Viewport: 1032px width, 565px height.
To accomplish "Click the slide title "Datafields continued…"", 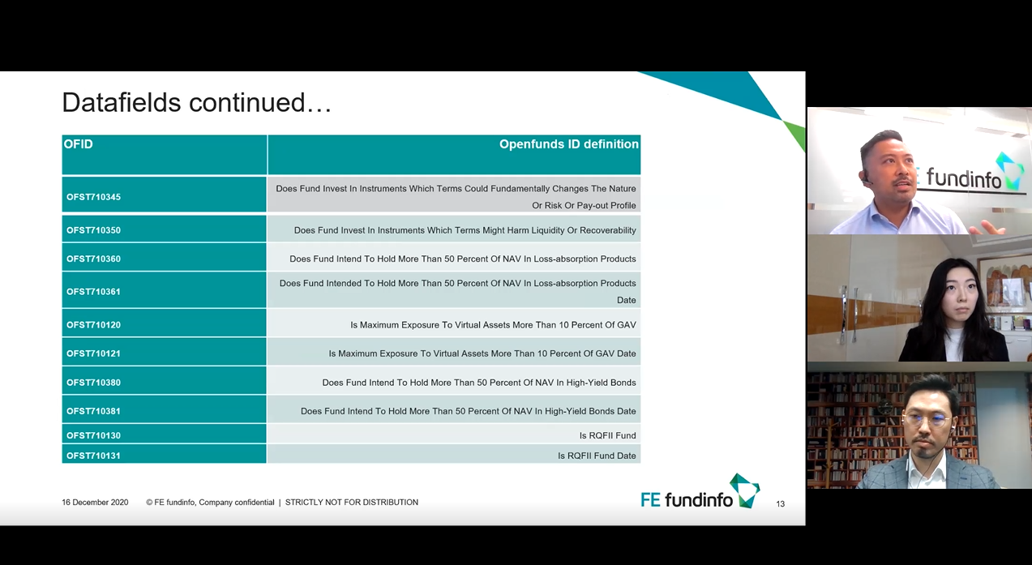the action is [x=197, y=102].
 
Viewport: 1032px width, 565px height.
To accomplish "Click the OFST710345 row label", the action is [x=93, y=197].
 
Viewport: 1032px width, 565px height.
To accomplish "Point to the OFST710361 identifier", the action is [x=93, y=292].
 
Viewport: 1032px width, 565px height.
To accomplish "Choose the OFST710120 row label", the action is [x=93, y=325].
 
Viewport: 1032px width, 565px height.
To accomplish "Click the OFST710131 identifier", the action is [x=93, y=456].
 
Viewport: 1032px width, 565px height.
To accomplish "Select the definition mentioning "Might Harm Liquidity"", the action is [x=465, y=230].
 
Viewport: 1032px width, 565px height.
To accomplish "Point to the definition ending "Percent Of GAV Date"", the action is [x=482, y=353].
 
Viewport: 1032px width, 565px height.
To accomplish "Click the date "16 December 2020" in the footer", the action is [x=95, y=503].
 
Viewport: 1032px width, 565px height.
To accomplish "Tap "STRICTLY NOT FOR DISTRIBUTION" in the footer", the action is [x=352, y=503].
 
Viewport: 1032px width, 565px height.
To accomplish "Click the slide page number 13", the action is [x=780, y=503].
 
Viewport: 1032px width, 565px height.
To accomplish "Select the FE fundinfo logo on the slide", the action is [x=700, y=492].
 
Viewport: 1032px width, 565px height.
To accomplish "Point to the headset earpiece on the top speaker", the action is [x=866, y=178].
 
